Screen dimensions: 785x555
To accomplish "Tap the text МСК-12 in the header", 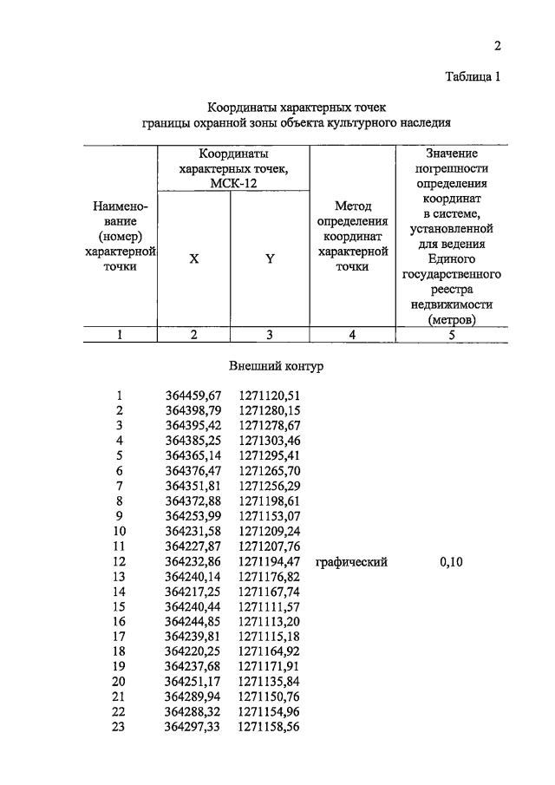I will click(x=232, y=183).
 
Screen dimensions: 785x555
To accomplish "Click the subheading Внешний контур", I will click(x=276, y=367).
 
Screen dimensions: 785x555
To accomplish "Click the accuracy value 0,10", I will click(x=451, y=562).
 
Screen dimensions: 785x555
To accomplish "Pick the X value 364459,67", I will click(x=193, y=396).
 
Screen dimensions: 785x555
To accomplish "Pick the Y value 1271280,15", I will click(x=269, y=410).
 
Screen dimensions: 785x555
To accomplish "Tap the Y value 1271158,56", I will click(x=269, y=727).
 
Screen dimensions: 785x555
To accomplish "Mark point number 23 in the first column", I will click(x=120, y=727).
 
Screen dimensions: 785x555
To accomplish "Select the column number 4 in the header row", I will click(x=352, y=335).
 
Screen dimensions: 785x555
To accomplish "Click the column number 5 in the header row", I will click(x=451, y=335).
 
